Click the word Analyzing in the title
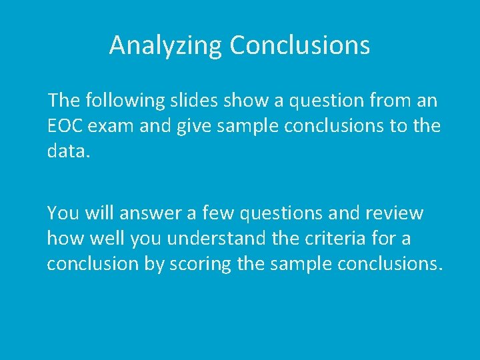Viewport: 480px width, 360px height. pyautogui.click(x=166, y=45)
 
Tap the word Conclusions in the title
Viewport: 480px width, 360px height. pyautogui.click(x=299, y=45)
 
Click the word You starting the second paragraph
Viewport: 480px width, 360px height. pyautogui.click(x=61, y=213)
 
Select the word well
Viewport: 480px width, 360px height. pyautogui.click(x=106, y=237)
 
